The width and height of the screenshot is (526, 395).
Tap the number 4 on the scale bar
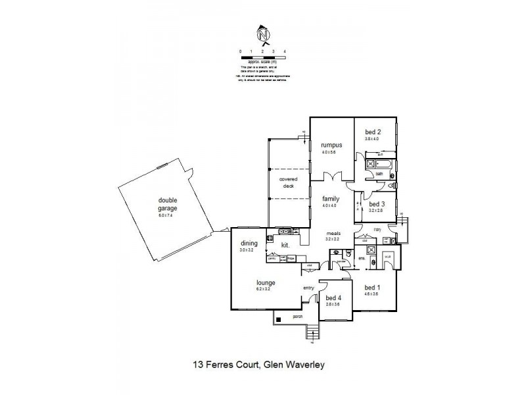[285, 51]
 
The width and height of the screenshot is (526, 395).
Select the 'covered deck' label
[288, 182]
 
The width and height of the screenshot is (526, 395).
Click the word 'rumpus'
[329, 145]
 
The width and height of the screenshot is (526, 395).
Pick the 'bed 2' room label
[373, 132]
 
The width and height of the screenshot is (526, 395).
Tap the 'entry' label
[308, 288]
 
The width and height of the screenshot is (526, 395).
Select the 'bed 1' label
[372, 288]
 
